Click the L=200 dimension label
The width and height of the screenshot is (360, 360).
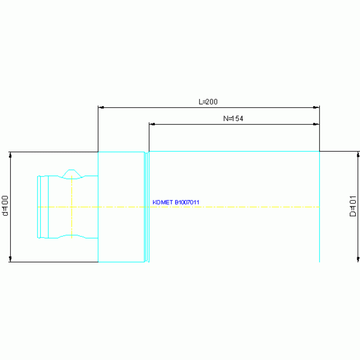[208, 102]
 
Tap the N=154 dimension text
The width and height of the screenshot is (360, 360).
[233, 118]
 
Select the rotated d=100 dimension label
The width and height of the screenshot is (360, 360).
[5, 206]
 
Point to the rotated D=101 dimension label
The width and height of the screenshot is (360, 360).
[353, 206]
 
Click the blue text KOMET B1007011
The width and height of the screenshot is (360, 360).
[176, 202]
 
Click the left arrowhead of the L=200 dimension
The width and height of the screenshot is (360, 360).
[101, 107]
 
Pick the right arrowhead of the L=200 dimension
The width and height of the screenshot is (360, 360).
[316, 107]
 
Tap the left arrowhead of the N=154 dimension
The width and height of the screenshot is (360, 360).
[152, 124]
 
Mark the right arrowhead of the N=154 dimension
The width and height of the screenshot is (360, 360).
[316, 124]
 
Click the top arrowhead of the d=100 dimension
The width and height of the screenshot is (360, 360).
[10, 155]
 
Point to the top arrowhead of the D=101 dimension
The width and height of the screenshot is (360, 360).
[358, 154]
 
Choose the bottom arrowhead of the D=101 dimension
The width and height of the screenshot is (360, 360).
[358, 259]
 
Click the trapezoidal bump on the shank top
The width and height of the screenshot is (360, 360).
[72, 174]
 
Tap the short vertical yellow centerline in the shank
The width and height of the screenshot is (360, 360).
[72, 207]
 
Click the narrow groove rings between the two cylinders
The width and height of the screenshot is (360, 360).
[147, 207]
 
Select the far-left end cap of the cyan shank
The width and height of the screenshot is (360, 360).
[39, 207]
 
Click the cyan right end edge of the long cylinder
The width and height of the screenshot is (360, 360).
[319, 207]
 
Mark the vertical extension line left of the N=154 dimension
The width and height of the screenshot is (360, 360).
[149, 137]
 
